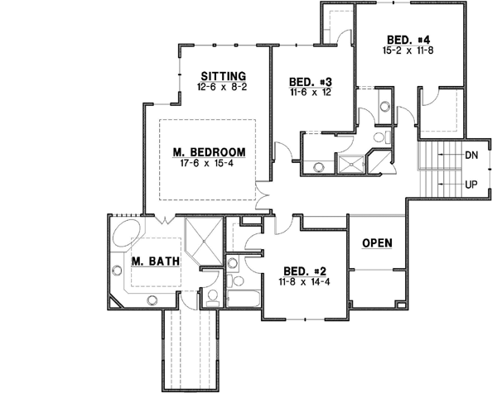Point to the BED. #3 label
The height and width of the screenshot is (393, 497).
(310, 82)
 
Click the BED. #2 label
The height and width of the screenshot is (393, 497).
(302, 271)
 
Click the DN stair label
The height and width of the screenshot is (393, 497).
(470, 155)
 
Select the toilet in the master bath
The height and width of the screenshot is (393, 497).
(213, 297)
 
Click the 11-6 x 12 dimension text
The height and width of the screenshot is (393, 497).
(310, 93)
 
